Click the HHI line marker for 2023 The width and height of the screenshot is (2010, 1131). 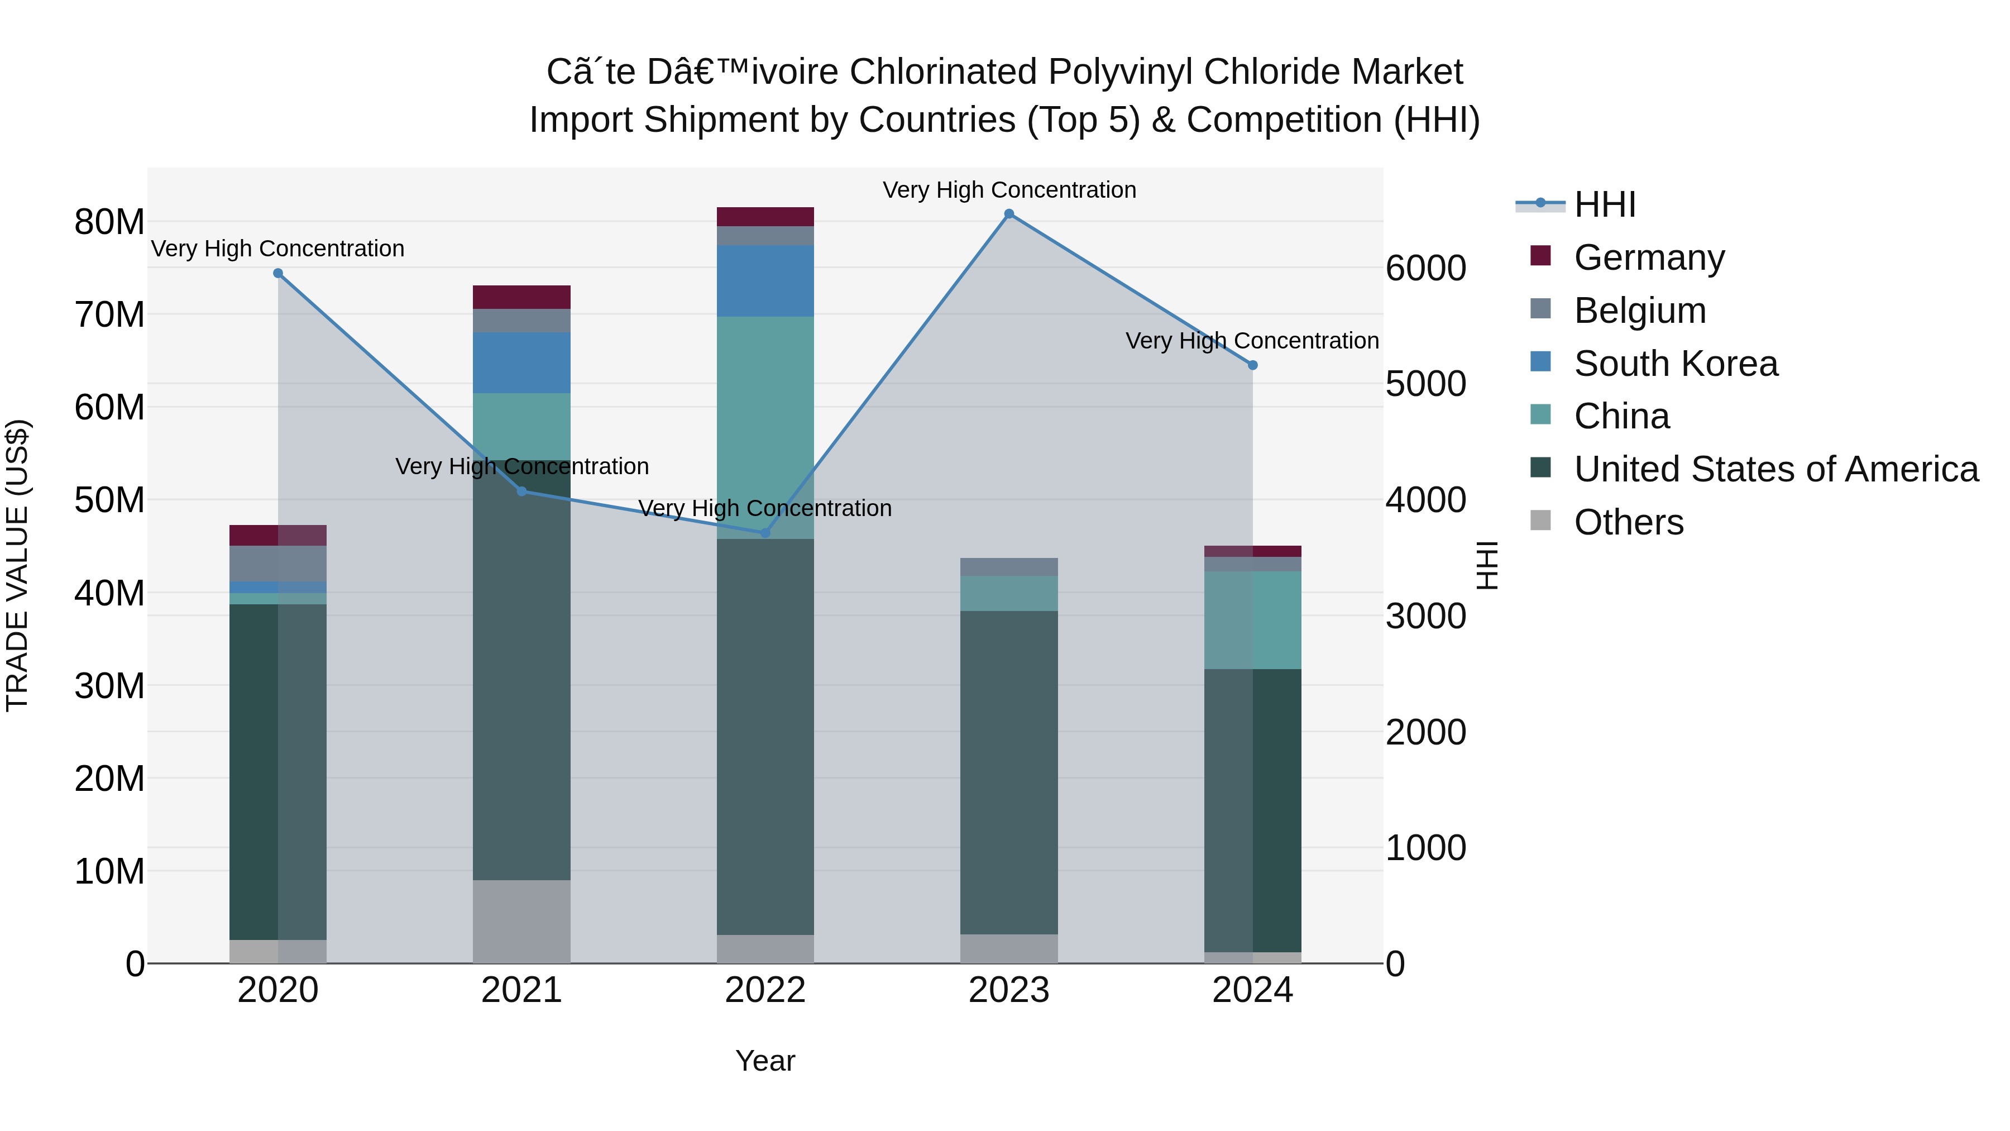pyautogui.click(x=1009, y=214)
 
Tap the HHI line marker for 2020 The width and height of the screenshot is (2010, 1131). pyautogui.click(x=278, y=273)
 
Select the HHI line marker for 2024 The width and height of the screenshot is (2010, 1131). pyautogui.click(x=1252, y=365)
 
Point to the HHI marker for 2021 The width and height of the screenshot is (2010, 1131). pyautogui.click(x=522, y=491)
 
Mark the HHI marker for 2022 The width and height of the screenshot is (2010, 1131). pyautogui.click(x=765, y=533)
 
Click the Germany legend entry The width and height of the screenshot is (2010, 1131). pyautogui.click(x=1649, y=257)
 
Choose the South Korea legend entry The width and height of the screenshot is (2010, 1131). pyautogui.click(x=1675, y=364)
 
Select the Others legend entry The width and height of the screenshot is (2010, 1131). pyautogui.click(x=1629, y=522)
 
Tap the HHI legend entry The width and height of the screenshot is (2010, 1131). pyautogui.click(x=1604, y=204)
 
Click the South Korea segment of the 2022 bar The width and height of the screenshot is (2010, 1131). pyautogui.click(x=765, y=281)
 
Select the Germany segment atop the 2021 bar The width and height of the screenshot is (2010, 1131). pyautogui.click(x=522, y=297)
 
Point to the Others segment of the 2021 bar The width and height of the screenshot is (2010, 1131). pyautogui.click(x=522, y=921)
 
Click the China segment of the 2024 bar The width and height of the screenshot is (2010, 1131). pyautogui.click(x=1252, y=620)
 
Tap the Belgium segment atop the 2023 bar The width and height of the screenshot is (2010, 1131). pyautogui.click(x=1009, y=567)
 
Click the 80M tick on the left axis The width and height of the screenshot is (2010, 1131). pyautogui.click(x=109, y=222)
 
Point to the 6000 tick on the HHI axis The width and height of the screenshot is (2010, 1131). pyautogui.click(x=1425, y=269)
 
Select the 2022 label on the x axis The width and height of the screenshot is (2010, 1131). pyautogui.click(x=765, y=990)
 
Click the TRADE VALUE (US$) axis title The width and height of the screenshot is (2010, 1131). pyautogui.click(x=17, y=565)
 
